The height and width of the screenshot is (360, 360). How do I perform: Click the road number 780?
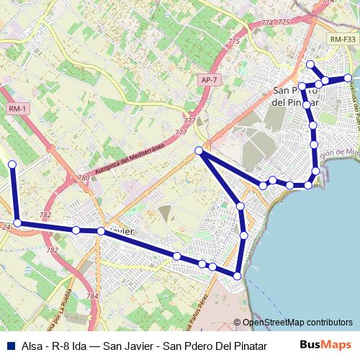(x=84, y=178)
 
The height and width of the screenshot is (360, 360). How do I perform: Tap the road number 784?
(x=91, y=296)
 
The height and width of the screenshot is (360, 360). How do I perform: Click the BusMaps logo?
(x=325, y=344)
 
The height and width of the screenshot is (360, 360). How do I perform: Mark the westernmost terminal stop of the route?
(x=12, y=165)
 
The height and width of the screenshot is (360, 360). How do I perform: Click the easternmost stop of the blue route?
(x=348, y=78)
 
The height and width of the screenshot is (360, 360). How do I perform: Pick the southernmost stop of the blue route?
(x=237, y=274)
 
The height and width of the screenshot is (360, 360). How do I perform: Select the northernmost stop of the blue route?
(x=310, y=65)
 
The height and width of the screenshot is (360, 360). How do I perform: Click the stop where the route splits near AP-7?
(x=199, y=150)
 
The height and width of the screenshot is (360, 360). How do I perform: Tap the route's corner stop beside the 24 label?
(x=17, y=223)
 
